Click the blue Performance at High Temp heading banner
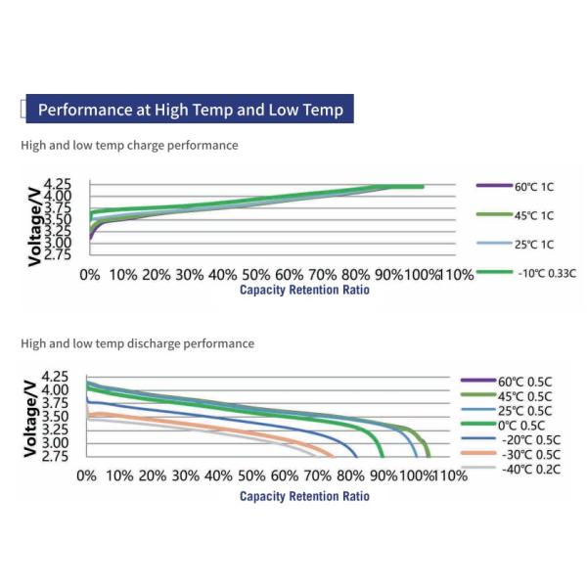(190, 110)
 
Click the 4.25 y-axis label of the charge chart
(58, 184)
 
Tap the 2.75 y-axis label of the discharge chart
(56, 456)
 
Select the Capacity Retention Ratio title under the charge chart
(304, 291)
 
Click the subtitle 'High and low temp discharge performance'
(137, 343)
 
